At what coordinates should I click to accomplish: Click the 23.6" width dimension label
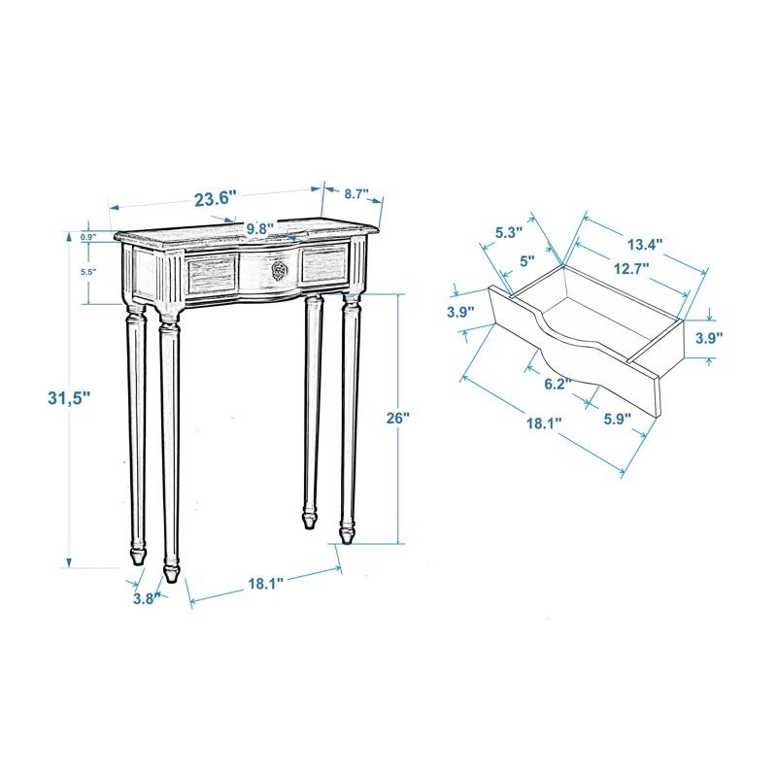[216, 198]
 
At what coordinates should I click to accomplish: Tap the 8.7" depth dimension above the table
[356, 193]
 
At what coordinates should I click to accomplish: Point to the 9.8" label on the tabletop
[259, 227]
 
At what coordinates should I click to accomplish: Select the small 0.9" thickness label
[88, 237]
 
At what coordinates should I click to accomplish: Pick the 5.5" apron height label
[88, 273]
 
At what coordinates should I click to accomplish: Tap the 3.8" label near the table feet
[146, 599]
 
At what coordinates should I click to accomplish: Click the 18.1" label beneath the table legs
[264, 584]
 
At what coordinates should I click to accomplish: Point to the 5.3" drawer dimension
[509, 233]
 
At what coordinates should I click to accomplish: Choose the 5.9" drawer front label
[617, 419]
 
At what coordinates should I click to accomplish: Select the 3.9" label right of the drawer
[709, 337]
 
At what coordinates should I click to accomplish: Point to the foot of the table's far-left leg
[137, 557]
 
